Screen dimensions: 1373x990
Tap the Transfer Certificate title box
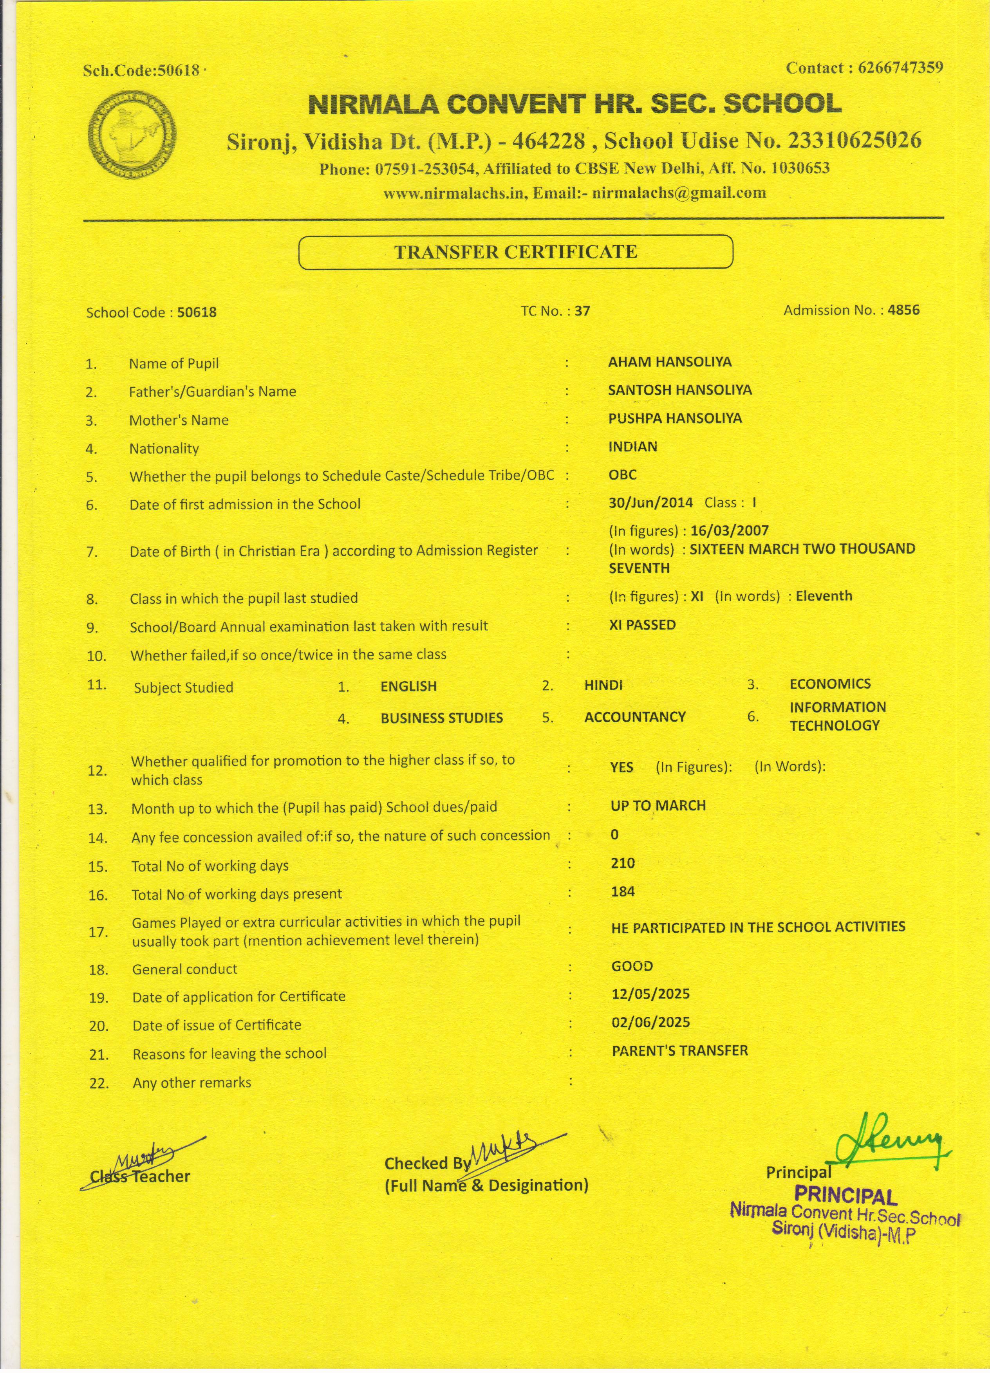(515, 252)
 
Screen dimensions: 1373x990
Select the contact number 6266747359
(900, 68)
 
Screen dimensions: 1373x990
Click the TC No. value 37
(582, 311)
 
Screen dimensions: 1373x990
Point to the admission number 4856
(903, 310)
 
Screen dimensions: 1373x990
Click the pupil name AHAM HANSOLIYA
(670, 362)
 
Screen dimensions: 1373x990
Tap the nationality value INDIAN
(633, 447)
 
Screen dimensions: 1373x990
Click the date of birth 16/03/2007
(729, 531)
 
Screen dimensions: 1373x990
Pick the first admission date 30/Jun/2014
(650, 502)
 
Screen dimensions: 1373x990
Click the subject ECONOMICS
(829, 684)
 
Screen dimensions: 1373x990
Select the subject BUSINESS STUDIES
(441, 718)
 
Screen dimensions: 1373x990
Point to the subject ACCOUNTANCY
(634, 717)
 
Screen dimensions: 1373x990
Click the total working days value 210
(622, 863)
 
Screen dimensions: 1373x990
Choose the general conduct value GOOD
(632, 966)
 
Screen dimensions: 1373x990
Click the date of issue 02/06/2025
(650, 1023)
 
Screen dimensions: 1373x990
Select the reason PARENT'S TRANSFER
(679, 1051)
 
